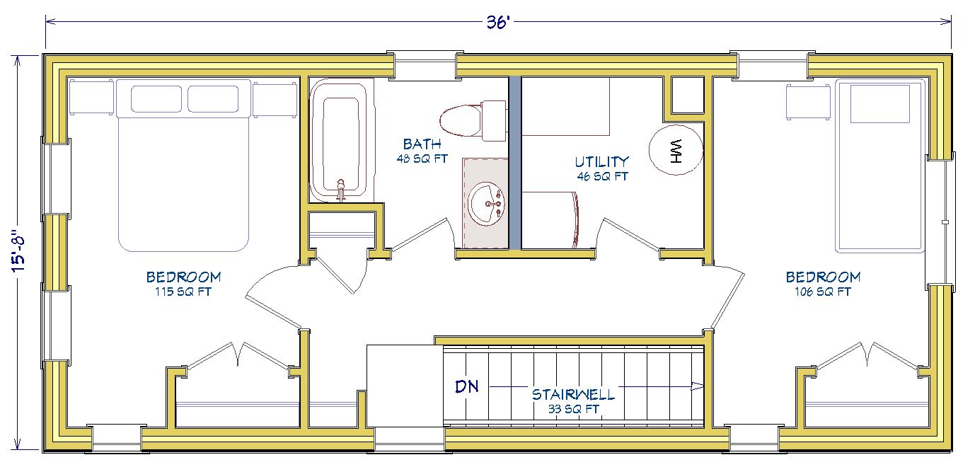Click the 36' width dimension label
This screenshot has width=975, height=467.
(x=498, y=22)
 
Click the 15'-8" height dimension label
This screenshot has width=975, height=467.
(x=19, y=251)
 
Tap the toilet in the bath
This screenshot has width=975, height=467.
(x=473, y=120)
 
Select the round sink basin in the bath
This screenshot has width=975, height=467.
(x=486, y=204)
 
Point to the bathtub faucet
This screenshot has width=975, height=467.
(x=341, y=190)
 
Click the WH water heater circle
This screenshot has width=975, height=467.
(x=676, y=150)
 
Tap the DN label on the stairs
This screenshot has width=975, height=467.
(x=466, y=386)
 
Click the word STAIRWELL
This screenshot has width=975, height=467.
(x=573, y=394)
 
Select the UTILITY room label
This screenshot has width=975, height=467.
(x=601, y=162)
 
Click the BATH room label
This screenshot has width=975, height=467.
(x=422, y=144)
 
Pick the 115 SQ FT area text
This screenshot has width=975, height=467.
(x=183, y=292)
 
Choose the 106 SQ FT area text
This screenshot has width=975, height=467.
(x=823, y=292)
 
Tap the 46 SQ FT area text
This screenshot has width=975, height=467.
(x=602, y=176)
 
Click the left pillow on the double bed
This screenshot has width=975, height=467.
(x=156, y=99)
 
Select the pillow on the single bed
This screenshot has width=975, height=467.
(x=879, y=103)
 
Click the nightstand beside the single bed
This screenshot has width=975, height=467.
(x=808, y=103)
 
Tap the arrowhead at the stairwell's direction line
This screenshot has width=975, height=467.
(x=698, y=386)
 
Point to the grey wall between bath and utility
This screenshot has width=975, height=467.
(x=515, y=163)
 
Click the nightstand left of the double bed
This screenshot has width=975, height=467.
(x=91, y=97)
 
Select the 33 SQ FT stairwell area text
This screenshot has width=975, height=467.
(x=573, y=409)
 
